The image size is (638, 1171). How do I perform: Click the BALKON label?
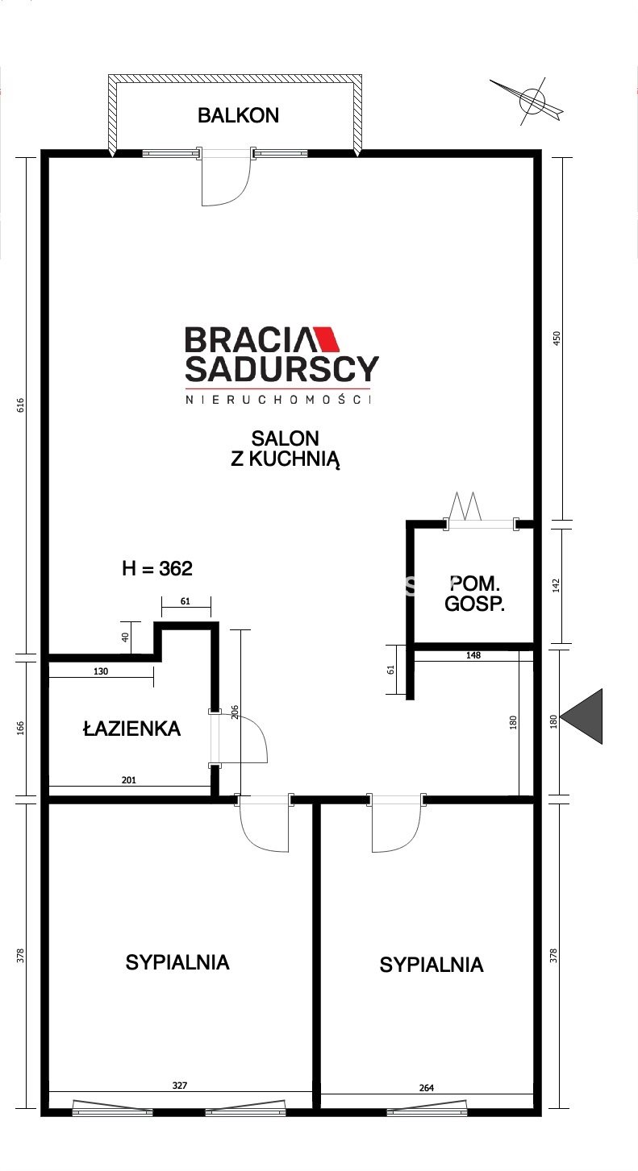click(238, 115)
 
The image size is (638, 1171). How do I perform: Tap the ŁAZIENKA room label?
click(132, 729)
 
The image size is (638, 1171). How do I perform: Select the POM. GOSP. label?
click(475, 593)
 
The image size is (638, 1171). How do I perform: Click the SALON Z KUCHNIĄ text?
click(286, 449)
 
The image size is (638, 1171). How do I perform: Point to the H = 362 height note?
click(157, 568)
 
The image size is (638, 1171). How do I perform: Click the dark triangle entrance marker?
click(582, 716)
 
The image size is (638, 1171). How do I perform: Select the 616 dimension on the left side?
click(20, 405)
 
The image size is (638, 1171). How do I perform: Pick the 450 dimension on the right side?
click(557, 338)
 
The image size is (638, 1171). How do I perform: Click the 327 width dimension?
click(180, 1086)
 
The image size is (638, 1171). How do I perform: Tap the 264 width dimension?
click(427, 1087)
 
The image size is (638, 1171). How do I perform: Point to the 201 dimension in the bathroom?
click(129, 780)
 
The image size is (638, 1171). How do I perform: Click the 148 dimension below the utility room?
click(473, 655)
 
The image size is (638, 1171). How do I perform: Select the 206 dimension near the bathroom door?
click(235, 712)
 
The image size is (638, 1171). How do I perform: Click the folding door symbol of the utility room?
click(465, 506)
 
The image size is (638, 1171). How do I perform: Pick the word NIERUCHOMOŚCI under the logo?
click(278, 400)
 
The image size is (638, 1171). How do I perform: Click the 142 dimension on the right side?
click(557, 585)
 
